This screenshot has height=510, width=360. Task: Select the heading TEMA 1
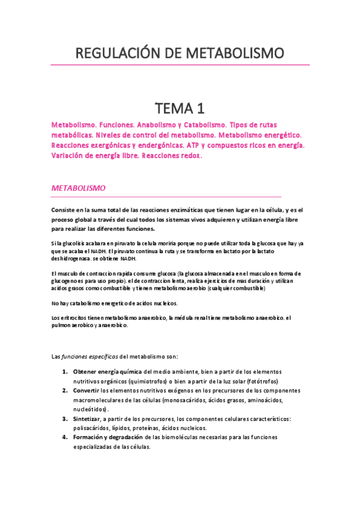(x=180, y=108)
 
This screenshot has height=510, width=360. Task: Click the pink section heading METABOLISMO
(x=79, y=188)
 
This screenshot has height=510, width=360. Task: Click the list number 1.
(x=64, y=372)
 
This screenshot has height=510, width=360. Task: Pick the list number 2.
(x=64, y=390)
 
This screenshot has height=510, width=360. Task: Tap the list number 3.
(x=64, y=419)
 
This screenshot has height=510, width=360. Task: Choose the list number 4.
(x=64, y=437)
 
